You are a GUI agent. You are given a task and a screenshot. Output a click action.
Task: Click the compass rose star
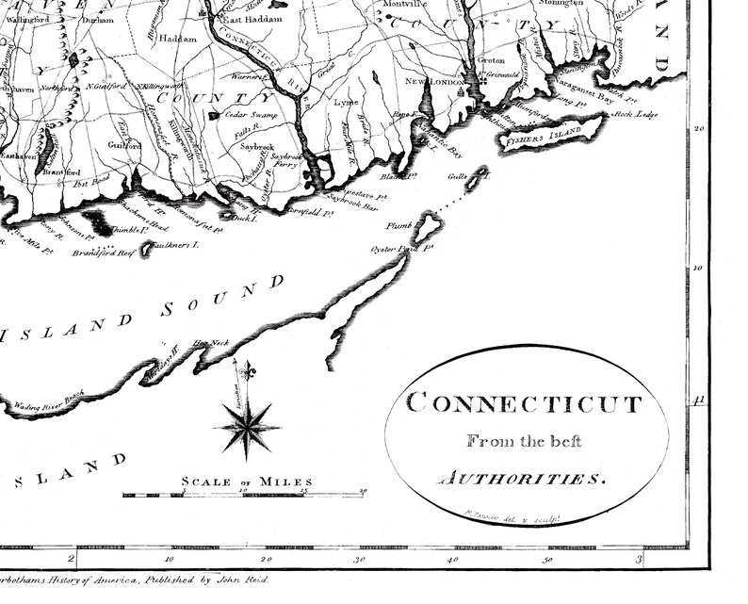[x=249, y=428]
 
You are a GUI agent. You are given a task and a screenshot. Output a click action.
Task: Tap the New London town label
[x=440, y=82]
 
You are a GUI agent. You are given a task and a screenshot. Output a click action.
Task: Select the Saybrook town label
[x=256, y=147]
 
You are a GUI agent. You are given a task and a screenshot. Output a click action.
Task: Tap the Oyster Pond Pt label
[x=400, y=248]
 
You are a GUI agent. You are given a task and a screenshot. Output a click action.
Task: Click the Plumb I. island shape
[x=430, y=225]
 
